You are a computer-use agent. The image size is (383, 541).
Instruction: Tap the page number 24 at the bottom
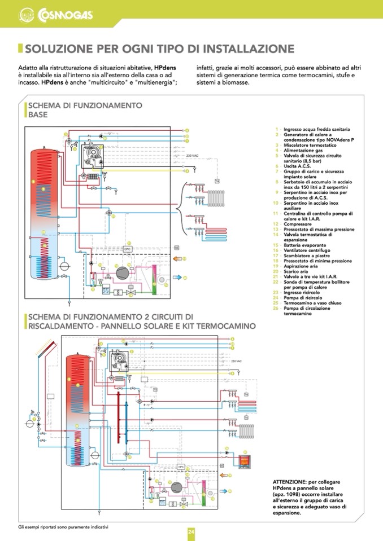(x=191, y=531)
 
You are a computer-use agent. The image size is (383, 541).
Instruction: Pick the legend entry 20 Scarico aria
(x=300, y=271)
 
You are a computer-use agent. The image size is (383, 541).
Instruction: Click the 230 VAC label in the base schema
(x=192, y=156)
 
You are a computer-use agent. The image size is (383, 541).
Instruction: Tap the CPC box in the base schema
(x=128, y=249)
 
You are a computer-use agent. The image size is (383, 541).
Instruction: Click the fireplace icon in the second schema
(x=243, y=461)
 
